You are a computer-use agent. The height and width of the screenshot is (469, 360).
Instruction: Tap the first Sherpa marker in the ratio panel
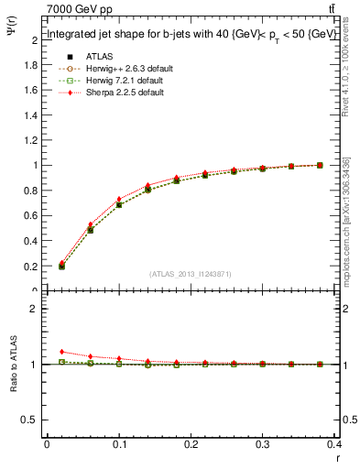(61, 352)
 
